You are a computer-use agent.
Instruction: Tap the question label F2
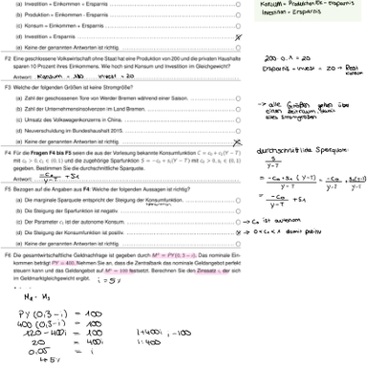click(x=9, y=58)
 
